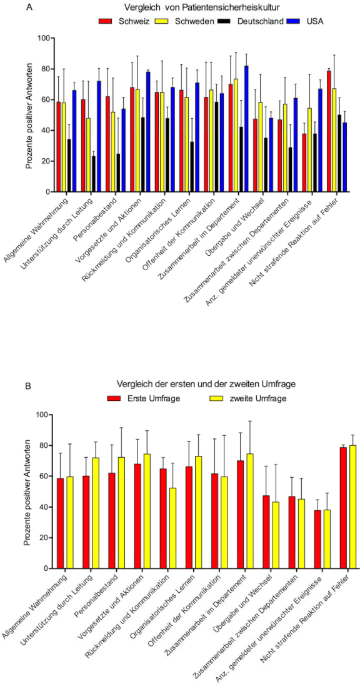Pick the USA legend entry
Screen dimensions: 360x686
[304, 21]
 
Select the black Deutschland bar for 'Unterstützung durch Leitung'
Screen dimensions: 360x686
[93, 174]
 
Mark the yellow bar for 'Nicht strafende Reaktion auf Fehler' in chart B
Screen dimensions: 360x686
[352, 507]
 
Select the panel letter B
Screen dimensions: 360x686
[28, 386]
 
